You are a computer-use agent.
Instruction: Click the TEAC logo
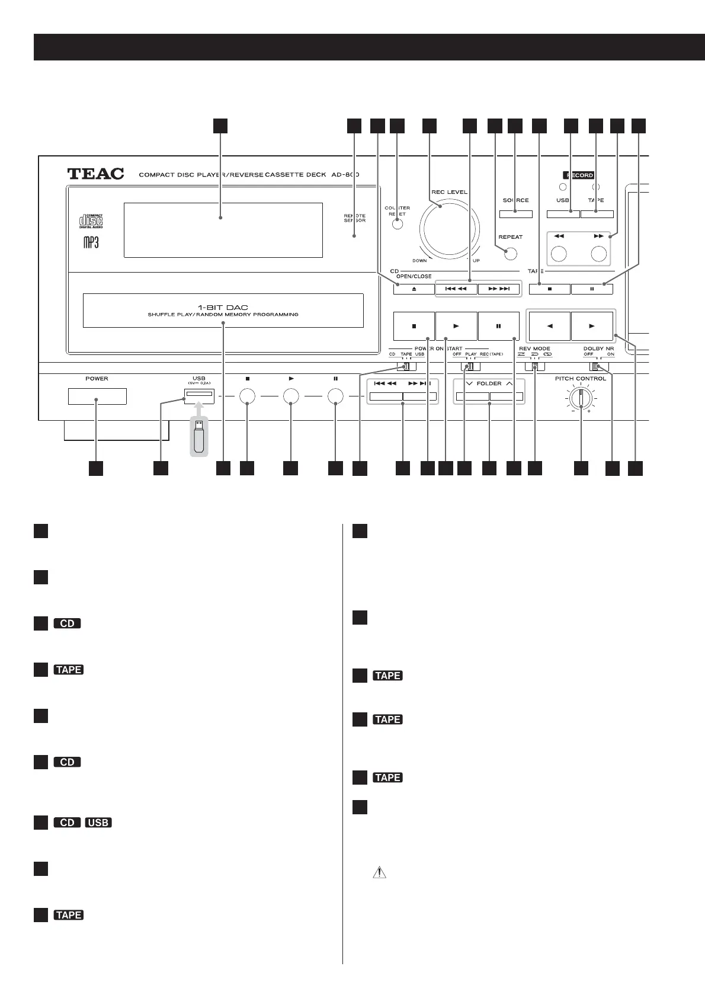click(95, 174)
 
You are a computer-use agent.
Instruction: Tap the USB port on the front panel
click(199, 394)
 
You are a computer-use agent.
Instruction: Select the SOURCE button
click(515, 214)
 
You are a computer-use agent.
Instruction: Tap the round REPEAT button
click(509, 254)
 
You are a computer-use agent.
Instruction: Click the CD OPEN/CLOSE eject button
click(414, 289)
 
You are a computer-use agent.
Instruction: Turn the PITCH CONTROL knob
click(581, 399)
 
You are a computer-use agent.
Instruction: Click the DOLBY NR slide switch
click(599, 367)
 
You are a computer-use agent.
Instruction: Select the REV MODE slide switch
click(534, 367)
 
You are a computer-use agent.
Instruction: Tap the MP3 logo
click(91, 242)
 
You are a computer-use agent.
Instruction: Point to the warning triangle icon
click(378, 872)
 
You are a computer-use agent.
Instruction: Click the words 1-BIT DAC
click(223, 307)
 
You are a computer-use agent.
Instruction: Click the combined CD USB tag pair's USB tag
click(98, 823)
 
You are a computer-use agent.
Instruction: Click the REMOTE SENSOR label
click(354, 218)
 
